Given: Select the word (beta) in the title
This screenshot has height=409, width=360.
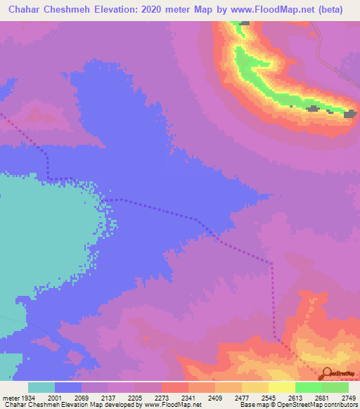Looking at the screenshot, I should tap(338, 9).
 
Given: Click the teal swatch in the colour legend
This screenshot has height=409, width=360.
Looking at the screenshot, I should tap(41, 388).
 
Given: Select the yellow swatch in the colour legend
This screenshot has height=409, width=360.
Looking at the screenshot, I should tap(282, 388).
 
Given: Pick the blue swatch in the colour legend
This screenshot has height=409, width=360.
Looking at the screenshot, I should tap(68, 388).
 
